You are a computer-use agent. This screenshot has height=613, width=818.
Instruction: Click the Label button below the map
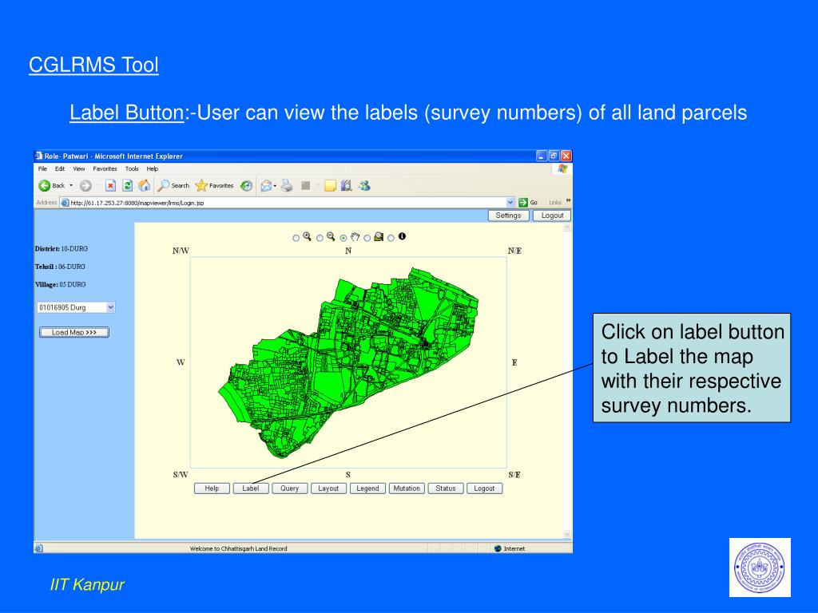pyautogui.click(x=251, y=488)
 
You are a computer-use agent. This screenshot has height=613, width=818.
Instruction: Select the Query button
pyautogui.click(x=289, y=488)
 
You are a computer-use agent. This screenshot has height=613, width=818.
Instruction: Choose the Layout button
pyautogui.click(x=328, y=488)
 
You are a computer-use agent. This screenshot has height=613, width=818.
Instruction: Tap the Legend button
pyautogui.click(x=367, y=488)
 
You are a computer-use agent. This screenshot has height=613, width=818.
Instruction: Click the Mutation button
pyautogui.click(x=407, y=488)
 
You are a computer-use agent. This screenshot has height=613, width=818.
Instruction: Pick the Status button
pyautogui.click(x=446, y=488)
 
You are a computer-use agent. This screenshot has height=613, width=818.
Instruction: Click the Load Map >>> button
pyautogui.click(x=74, y=332)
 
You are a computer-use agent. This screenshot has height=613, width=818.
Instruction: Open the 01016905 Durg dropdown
pyautogui.click(x=76, y=307)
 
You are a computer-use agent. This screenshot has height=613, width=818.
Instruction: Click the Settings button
pyautogui.click(x=508, y=216)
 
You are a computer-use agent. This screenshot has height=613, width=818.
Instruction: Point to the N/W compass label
pyautogui.click(x=181, y=251)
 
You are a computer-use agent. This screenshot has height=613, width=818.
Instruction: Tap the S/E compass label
pyautogui.click(x=514, y=475)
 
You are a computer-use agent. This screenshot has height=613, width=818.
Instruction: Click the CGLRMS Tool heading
pyautogui.click(x=93, y=65)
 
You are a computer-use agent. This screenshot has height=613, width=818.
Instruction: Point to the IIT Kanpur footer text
pyautogui.click(x=88, y=585)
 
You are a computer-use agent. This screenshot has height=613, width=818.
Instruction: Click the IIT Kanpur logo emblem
pyautogui.click(x=759, y=567)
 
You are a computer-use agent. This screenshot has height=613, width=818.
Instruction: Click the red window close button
pyautogui.click(x=566, y=156)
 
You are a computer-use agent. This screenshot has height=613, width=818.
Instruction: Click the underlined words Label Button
pyautogui.click(x=127, y=113)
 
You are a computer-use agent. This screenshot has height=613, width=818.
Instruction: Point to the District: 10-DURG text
pyautogui.click(x=61, y=249)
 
